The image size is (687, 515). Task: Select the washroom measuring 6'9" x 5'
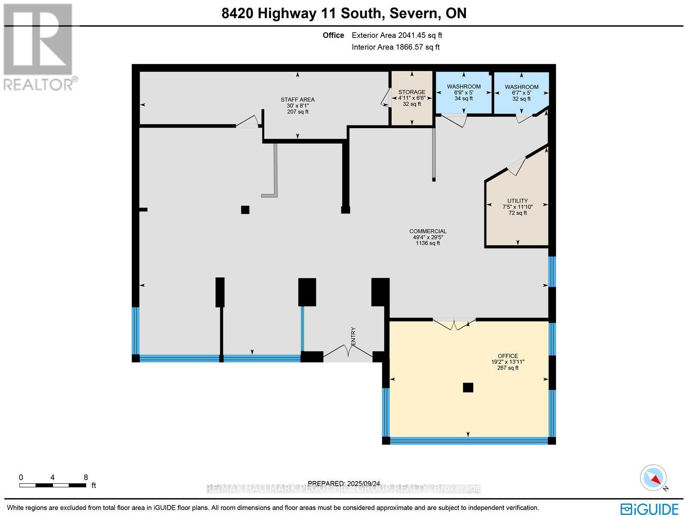464,92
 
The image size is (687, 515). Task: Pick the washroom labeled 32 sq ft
521,92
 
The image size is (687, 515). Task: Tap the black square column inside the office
468,387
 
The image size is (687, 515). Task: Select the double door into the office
454,324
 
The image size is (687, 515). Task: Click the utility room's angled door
517,166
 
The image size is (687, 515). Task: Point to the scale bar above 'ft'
52,485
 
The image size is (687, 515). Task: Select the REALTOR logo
40,47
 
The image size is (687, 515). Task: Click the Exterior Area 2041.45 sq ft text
397,35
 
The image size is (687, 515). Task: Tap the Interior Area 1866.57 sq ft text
395,47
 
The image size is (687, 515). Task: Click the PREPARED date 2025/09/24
343,483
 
